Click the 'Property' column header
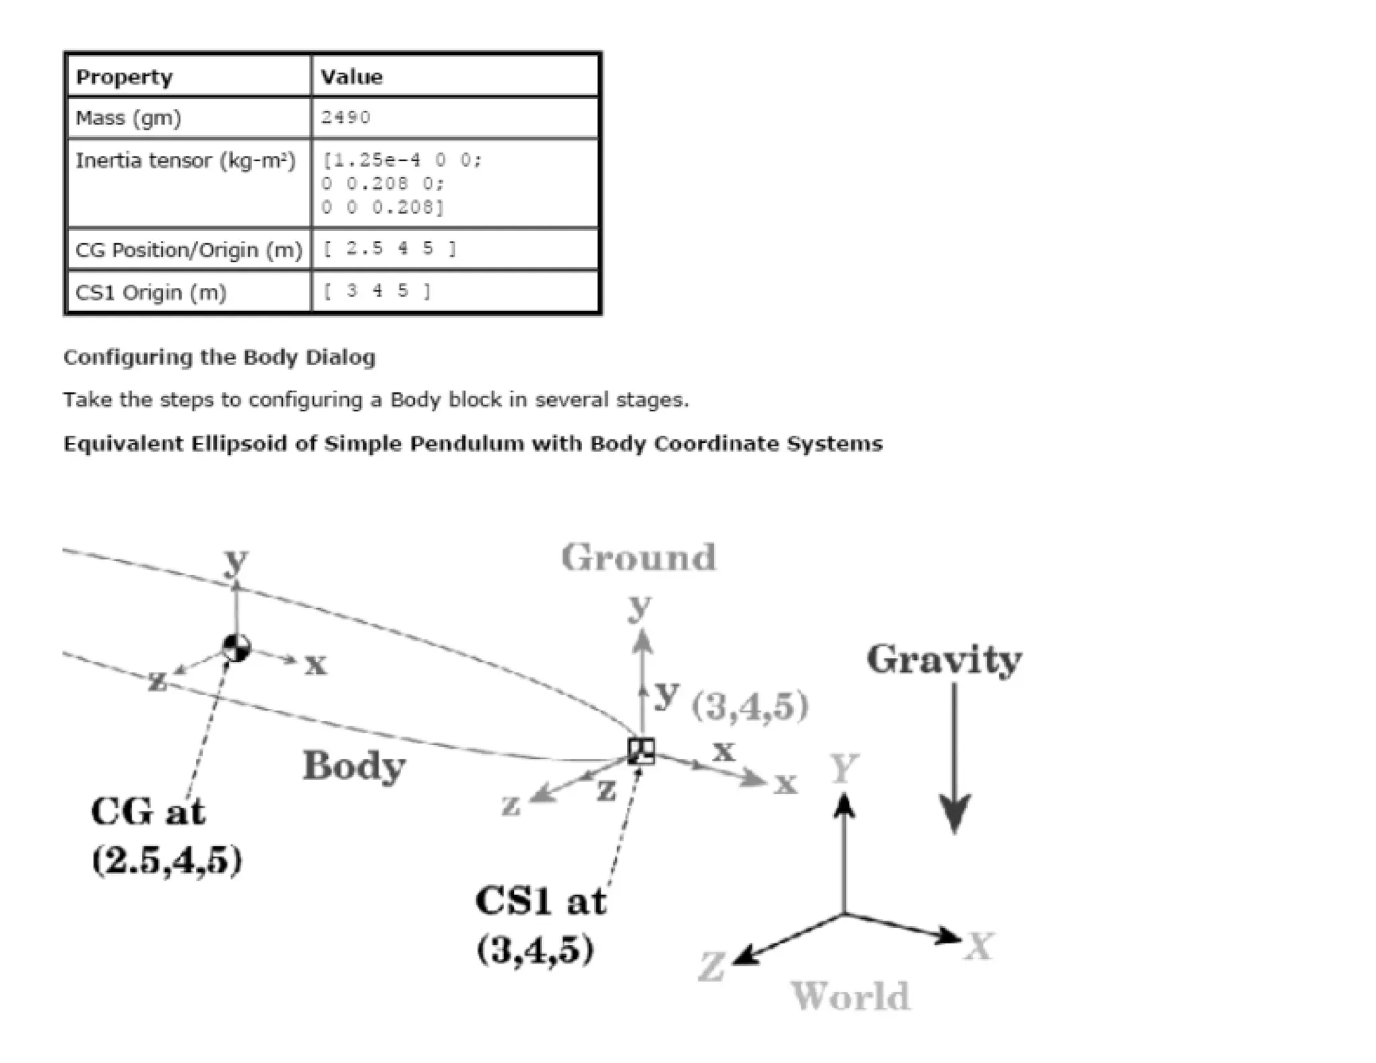[124, 77]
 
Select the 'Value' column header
[351, 77]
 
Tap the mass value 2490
[345, 118]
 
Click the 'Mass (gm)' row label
[128, 118]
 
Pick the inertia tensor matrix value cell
[402, 183]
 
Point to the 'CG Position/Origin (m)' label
[189, 250]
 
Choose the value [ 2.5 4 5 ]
[389, 249]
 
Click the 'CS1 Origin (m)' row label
[150, 292]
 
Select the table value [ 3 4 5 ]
[377, 291]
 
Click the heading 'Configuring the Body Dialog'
[219, 357]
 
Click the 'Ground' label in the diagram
[639, 558]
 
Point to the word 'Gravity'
[944, 660]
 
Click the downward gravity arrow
[955, 759]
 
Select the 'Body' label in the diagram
[354, 766]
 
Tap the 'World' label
[850, 996]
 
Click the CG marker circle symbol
[236, 648]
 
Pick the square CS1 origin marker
[641, 751]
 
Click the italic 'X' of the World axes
[978, 947]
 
